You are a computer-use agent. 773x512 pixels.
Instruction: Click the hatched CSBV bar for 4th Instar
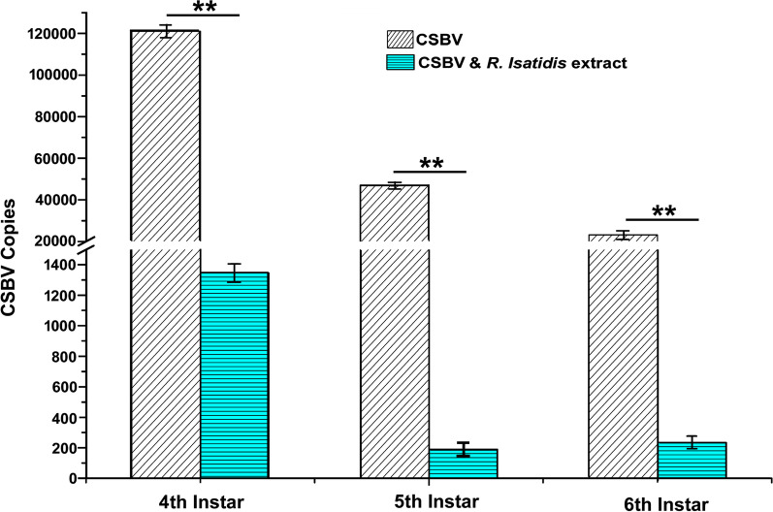tap(166, 252)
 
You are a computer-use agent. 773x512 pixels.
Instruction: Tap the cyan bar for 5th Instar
tap(463, 464)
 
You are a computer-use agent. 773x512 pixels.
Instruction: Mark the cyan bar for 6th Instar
tap(692, 461)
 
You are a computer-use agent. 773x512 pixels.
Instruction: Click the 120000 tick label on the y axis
tap(57, 33)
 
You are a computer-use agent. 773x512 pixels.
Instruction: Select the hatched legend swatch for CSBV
tap(397, 41)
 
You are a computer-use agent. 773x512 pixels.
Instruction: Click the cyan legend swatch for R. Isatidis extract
tap(397, 63)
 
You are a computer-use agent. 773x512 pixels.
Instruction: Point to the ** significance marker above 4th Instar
tap(203, 9)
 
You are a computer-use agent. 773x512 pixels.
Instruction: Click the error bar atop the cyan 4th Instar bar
tap(234, 272)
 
